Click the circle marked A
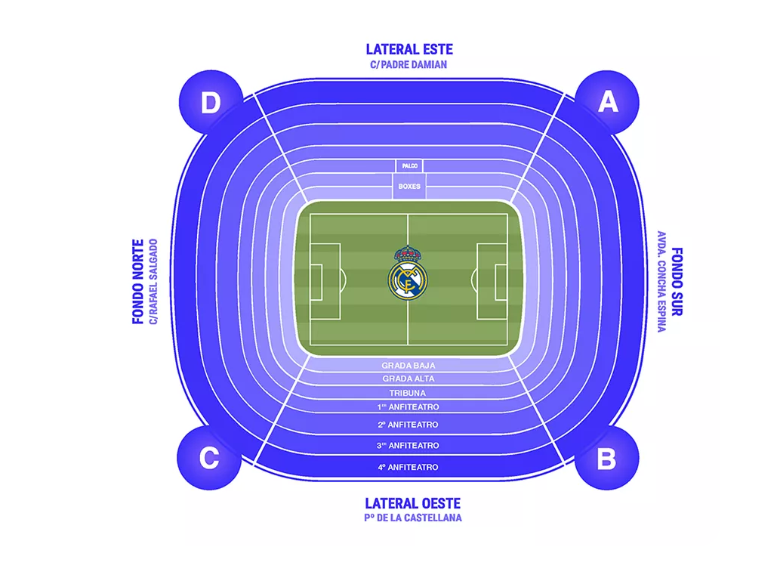pos(607,103)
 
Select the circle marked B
pos(606,458)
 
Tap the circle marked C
pos(209,458)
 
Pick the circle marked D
pos(211,103)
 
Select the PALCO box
pos(409,165)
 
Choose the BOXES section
pos(409,186)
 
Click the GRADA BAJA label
pos(408,366)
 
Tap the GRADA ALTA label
pos(408,379)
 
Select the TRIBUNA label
pos(408,393)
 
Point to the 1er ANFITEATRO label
pos(408,407)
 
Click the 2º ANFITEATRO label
pos(408,425)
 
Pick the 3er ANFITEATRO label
pos(408,446)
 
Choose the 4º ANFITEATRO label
pos(408,468)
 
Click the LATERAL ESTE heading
pos(409,49)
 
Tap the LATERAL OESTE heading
pos(412,503)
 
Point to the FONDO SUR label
pos(677,281)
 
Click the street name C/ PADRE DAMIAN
pos(409,65)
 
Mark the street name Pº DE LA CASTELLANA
pos(412,518)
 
